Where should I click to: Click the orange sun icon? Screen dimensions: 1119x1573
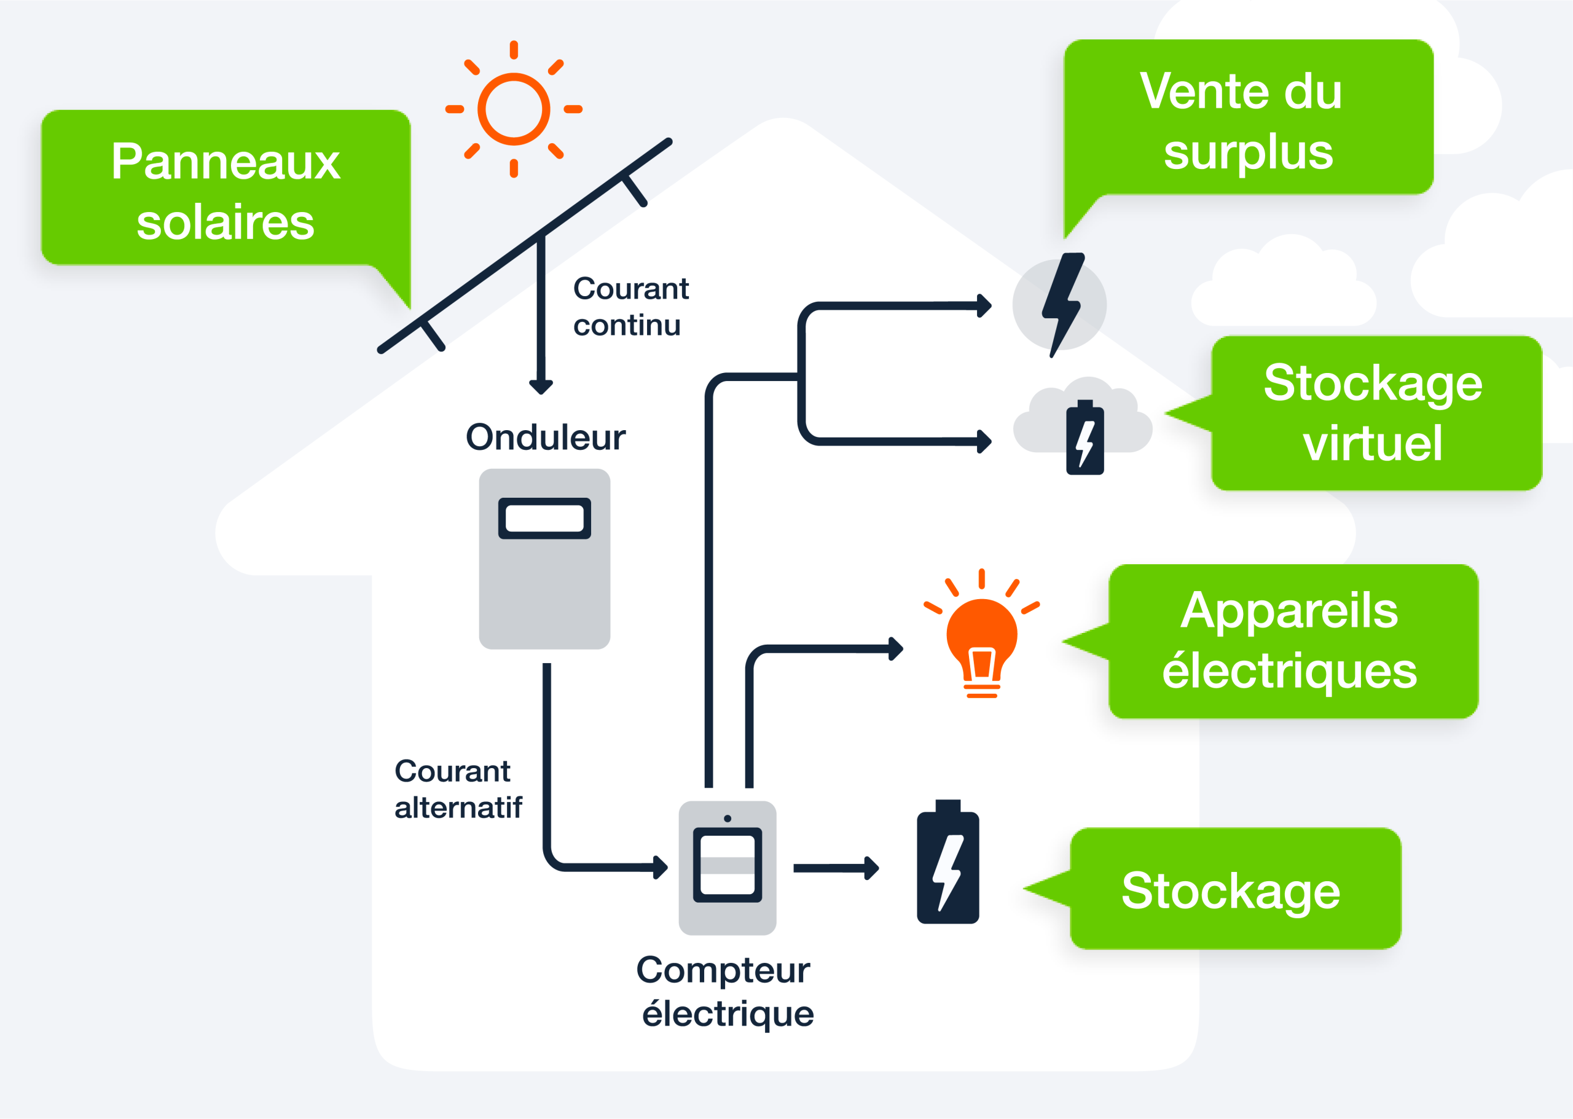pos(513,109)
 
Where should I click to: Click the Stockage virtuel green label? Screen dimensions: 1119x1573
pos(1375,414)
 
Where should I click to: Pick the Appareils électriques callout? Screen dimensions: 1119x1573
pos(1292,641)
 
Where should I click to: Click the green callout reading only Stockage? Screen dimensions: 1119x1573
pos(1234,889)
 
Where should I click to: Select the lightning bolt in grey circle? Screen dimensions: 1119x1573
pos(1061,305)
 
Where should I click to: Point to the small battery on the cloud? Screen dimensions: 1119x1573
pos(1085,438)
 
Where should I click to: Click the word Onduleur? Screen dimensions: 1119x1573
pos(545,437)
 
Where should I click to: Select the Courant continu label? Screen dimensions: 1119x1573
pos(630,307)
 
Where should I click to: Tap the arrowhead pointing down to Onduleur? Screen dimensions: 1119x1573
pos(541,387)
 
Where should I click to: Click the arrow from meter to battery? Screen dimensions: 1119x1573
pos(835,868)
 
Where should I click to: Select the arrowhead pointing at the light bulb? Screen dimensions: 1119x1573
pos(895,648)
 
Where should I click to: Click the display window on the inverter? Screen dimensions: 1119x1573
pos(544,518)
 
